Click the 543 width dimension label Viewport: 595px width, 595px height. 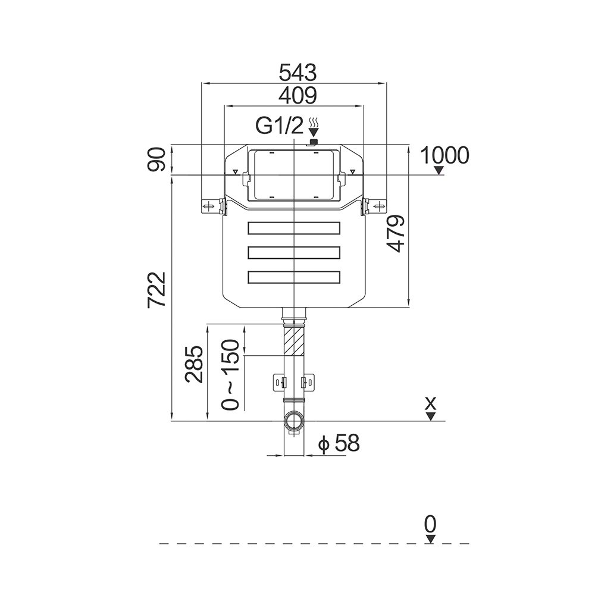(x=295, y=73)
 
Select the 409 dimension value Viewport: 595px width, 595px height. (x=295, y=95)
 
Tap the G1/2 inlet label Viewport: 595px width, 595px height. (x=280, y=126)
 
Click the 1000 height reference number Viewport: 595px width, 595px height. (x=444, y=156)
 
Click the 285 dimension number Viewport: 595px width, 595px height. (x=195, y=364)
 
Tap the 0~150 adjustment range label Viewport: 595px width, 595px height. (x=231, y=375)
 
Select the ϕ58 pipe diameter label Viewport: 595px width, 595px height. (x=339, y=443)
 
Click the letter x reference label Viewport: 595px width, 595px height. (x=431, y=403)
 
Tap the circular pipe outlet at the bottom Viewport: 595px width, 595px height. (x=294, y=421)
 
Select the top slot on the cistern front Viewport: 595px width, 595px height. (x=294, y=228)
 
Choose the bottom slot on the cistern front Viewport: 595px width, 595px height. (x=294, y=277)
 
